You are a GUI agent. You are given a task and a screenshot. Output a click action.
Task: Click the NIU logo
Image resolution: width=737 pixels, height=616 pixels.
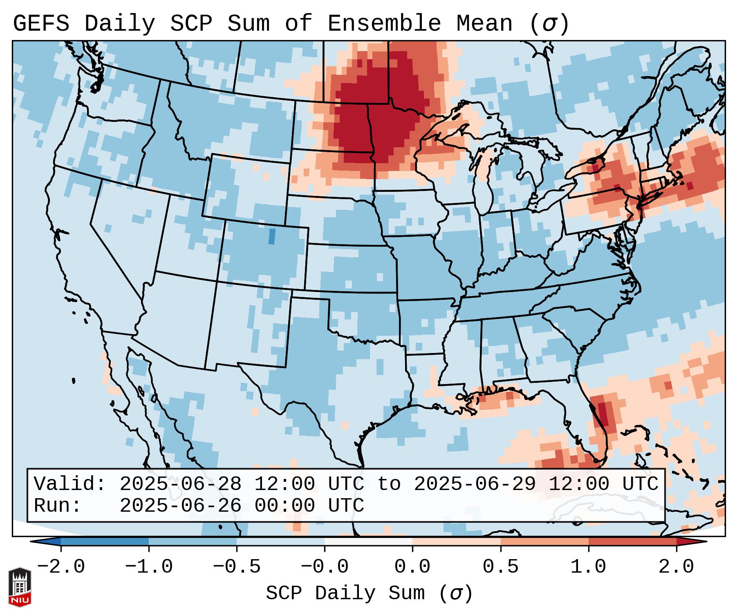pos(20,587)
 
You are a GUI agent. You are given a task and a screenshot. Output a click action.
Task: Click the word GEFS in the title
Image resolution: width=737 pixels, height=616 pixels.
pos(41,24)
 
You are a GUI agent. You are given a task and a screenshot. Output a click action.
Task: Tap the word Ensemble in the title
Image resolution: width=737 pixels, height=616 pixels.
pos(384,24)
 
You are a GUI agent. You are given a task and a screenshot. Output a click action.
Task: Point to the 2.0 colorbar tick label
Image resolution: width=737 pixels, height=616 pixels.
pos(677,567)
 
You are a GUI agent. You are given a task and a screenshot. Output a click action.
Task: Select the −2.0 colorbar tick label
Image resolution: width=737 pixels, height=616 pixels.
pos(61,567)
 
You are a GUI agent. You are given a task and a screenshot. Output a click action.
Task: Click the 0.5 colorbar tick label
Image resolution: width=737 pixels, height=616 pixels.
pos(500,567)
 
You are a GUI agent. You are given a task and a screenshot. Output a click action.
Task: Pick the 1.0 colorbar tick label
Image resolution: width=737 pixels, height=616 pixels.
pos(588,567)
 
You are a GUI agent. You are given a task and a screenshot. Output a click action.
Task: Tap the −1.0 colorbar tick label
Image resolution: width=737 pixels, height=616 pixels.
pos(149,567)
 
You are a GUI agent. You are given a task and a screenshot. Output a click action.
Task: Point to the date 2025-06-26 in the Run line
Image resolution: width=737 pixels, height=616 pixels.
pos(180,506)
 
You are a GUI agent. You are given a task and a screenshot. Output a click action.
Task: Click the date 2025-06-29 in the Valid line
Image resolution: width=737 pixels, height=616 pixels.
pos(475,484)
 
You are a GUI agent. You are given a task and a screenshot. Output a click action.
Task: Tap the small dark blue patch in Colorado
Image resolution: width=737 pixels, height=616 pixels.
pos(272,236)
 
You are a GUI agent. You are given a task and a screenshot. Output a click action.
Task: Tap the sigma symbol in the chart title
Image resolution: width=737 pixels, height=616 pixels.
pos(549,24)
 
